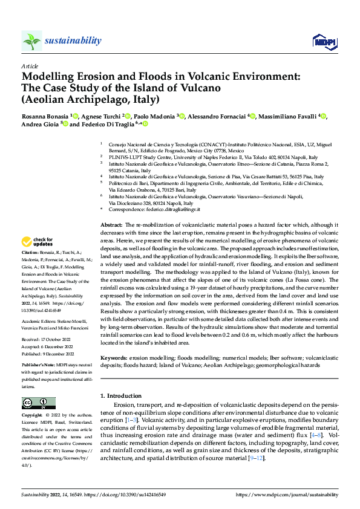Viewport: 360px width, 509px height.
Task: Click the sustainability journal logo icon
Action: (x=32, y=41)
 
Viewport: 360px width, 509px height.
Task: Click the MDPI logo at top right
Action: (x=321, y=41)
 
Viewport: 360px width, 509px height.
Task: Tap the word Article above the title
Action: (x=30, y=66)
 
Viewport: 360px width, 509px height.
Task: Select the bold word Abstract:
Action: (x=113, y=224)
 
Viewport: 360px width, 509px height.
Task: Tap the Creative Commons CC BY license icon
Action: (x=38, y=403)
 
